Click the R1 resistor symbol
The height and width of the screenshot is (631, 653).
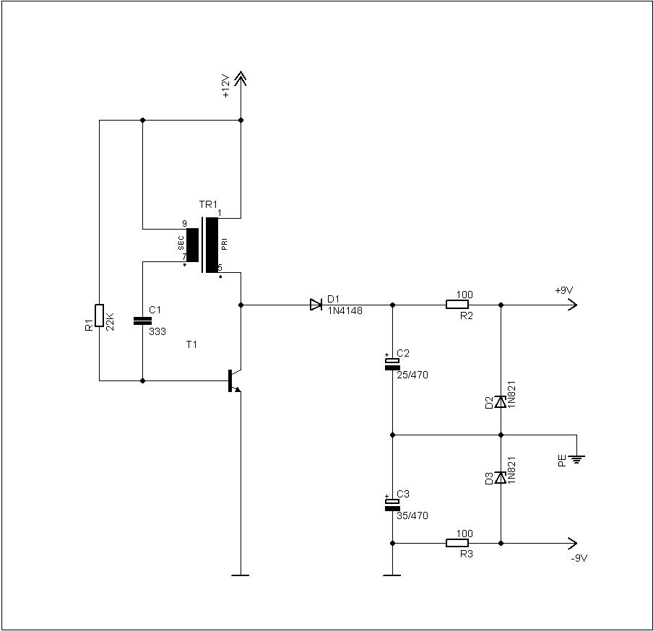click(x=99, y=315)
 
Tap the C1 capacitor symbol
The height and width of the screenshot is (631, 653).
click(x=142, y=321)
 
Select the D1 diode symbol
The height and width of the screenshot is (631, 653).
click(x=316, y=305)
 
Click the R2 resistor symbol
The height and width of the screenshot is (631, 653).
click(x=457, y=305)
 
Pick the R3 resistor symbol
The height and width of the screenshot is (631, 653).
click(x=457, y=543)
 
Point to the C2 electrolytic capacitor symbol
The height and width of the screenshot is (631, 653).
click(x=392, y=363)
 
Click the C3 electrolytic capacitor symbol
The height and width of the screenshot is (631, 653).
click(x=392, y=504)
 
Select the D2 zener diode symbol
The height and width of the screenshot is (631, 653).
click(x=500, y=402)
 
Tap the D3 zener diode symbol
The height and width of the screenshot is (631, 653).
click(x=500, y=477)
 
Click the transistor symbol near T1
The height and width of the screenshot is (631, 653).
click(x=235, y=380)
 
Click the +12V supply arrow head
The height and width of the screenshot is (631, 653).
click(x=241, y=78)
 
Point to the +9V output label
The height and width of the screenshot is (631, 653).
click(x=564, y=290)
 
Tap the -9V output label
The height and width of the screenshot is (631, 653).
click(x=579, y=558)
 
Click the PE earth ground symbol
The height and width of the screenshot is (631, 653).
click(x=576, y=459)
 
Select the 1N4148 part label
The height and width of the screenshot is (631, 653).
click(x=345, y=310)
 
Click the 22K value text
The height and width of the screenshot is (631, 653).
click(x=110, y=321)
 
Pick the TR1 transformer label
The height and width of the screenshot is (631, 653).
click(x=208, y=204)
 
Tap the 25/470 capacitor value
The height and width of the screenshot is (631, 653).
click(x=412, y=375)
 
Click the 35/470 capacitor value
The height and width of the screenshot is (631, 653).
click(x=412, y=515)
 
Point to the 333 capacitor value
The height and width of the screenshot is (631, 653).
click(x=157, y=331)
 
